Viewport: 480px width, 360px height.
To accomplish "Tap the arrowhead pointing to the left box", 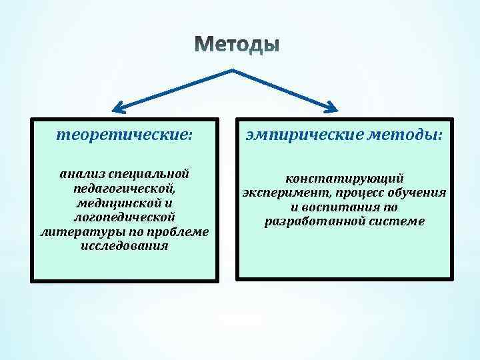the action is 118,107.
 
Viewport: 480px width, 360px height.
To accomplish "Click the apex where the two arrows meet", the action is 231,70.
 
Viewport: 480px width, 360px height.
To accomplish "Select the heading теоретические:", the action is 124,135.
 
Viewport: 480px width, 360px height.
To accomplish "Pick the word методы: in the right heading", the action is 405,135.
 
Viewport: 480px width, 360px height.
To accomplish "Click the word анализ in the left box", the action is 81,173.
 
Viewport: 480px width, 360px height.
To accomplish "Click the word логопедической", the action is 124,217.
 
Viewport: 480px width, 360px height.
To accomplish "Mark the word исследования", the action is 124,247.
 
